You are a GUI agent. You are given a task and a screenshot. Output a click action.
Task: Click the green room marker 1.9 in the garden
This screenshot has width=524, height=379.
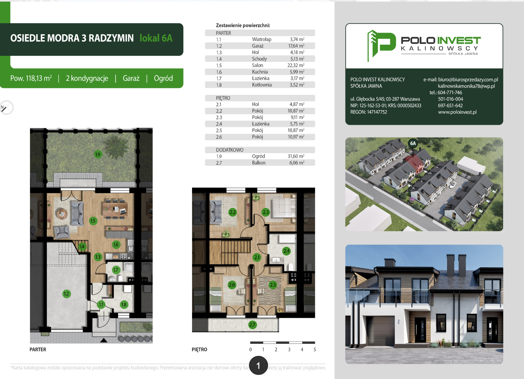pyautogui.click(x=98, y=154)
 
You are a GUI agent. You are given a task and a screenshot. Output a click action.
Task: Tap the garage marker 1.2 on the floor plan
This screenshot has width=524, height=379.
pyautogui.click(x=66, y=294)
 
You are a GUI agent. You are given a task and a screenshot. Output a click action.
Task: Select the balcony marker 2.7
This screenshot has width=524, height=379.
pyautogui.click(x=252, y=325)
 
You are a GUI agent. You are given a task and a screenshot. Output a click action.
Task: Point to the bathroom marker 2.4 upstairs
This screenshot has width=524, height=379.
pyautogui.click(x=286, y=251)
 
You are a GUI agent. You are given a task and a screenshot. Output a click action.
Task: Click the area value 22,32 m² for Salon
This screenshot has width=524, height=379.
pyautogui.click(x=296, y=65)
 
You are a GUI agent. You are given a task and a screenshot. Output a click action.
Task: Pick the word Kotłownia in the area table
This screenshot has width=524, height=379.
pyautogui.click(x=262, y=85)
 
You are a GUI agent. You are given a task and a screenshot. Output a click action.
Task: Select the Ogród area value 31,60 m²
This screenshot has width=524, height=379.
pyautogui.click(x=296, y=156)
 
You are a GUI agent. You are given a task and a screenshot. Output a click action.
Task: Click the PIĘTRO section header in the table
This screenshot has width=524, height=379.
pyautogui.click(x=223, y=98)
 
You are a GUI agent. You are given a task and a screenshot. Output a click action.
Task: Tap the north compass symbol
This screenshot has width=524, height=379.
pyautogui.click(x=6, y=108)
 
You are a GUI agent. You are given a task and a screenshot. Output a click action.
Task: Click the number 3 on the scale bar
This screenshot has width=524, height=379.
pyautogui.click(x=289, y=349)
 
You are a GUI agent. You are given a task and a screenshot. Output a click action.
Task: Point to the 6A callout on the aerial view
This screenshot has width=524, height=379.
pyautogui.click(x=413, y=143)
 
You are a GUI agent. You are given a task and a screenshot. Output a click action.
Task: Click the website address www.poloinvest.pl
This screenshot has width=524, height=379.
pyautogui.click(x=457, y=112)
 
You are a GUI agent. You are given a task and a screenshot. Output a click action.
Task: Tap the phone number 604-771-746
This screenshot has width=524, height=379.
pyautogui.click(x=450, y=92)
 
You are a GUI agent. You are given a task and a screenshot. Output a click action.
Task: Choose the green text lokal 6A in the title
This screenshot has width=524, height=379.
pyautogui.click(x=156, y=38)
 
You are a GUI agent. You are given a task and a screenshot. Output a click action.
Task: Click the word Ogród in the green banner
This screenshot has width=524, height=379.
pyautogui.click(x=163, y=78)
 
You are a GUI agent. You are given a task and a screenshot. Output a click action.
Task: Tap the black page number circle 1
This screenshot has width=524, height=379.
pyautogui.click(x=258, y=365)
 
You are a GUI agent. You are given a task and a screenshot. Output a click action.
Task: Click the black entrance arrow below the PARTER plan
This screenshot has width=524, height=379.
pyautogui.click(x=104, y=340)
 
